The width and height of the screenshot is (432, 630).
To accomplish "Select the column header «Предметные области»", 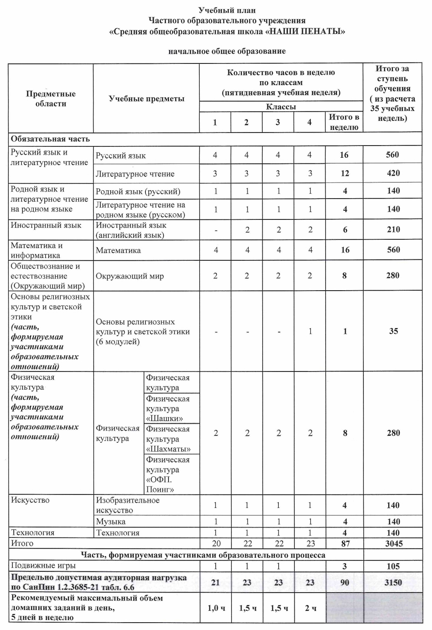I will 51,99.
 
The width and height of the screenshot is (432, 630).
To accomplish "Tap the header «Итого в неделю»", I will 344,122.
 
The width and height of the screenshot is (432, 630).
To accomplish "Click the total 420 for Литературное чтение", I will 393,173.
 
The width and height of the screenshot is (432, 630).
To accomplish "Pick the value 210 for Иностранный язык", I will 393,229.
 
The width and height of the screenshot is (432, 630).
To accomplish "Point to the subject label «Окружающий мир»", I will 130,276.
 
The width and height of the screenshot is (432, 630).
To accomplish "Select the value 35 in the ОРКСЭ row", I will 393,331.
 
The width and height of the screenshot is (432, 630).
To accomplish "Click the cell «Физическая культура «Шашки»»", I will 168,408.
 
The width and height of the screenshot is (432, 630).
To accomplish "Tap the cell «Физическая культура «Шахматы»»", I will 168,439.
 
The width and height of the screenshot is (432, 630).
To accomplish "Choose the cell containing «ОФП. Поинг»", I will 168,474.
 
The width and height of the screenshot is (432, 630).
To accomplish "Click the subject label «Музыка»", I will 111,521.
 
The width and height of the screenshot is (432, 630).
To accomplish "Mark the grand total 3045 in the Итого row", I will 393,544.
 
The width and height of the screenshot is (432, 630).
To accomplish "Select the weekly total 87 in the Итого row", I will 345,544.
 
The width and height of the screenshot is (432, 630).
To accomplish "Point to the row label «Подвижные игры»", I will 43,566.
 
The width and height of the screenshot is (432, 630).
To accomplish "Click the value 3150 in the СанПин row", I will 393,583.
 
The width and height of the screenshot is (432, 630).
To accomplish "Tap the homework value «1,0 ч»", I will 215,608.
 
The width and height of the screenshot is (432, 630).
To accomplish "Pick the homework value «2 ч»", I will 310,608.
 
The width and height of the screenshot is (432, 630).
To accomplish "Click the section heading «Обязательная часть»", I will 50,139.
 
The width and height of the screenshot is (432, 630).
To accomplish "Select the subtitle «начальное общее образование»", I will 227,51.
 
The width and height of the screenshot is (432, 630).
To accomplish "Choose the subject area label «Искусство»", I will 30,500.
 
